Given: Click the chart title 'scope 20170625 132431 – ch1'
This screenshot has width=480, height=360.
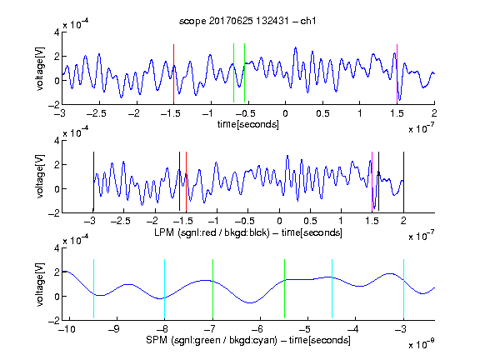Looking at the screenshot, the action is [x=247, y=21].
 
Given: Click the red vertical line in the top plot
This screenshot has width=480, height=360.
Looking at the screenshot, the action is [x=173, y=74].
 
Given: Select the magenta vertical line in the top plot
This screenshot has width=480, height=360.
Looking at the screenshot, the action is [x=397, y=74].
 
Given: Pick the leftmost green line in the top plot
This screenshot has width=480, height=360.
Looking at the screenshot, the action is [x=233, y=73].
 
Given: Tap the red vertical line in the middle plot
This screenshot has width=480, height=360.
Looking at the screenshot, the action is [x=186, y=182].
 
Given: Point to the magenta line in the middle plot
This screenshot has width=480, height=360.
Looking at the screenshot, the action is [x=372, y=182].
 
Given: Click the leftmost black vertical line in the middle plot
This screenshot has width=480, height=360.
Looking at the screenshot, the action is [x=93, y=182].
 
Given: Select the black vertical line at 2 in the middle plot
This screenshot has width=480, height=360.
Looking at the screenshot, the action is [x=403, y=182].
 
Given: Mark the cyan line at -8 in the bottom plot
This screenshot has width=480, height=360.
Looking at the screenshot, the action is [x=164, y=289].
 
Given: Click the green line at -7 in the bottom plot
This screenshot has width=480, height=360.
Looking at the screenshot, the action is [x=212, y=289].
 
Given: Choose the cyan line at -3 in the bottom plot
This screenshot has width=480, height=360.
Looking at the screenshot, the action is [x=403, y=289].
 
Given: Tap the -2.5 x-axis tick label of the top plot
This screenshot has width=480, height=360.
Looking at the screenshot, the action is [x=97, y=113].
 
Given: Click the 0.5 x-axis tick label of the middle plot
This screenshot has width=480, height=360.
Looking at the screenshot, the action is [x=310, y=221].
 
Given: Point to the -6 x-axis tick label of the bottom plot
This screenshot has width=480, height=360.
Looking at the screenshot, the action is [x=259, y=329].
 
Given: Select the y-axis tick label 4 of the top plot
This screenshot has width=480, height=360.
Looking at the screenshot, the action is [x=57, y=32].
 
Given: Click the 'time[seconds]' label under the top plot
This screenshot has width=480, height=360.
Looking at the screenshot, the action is [x=248, y=124].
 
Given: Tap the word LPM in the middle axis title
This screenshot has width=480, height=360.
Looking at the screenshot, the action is [x=164, y=232].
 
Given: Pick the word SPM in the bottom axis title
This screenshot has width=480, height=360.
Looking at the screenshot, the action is [x=157, y=340].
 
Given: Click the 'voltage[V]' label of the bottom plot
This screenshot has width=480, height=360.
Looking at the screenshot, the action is [x=40, y=285].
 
